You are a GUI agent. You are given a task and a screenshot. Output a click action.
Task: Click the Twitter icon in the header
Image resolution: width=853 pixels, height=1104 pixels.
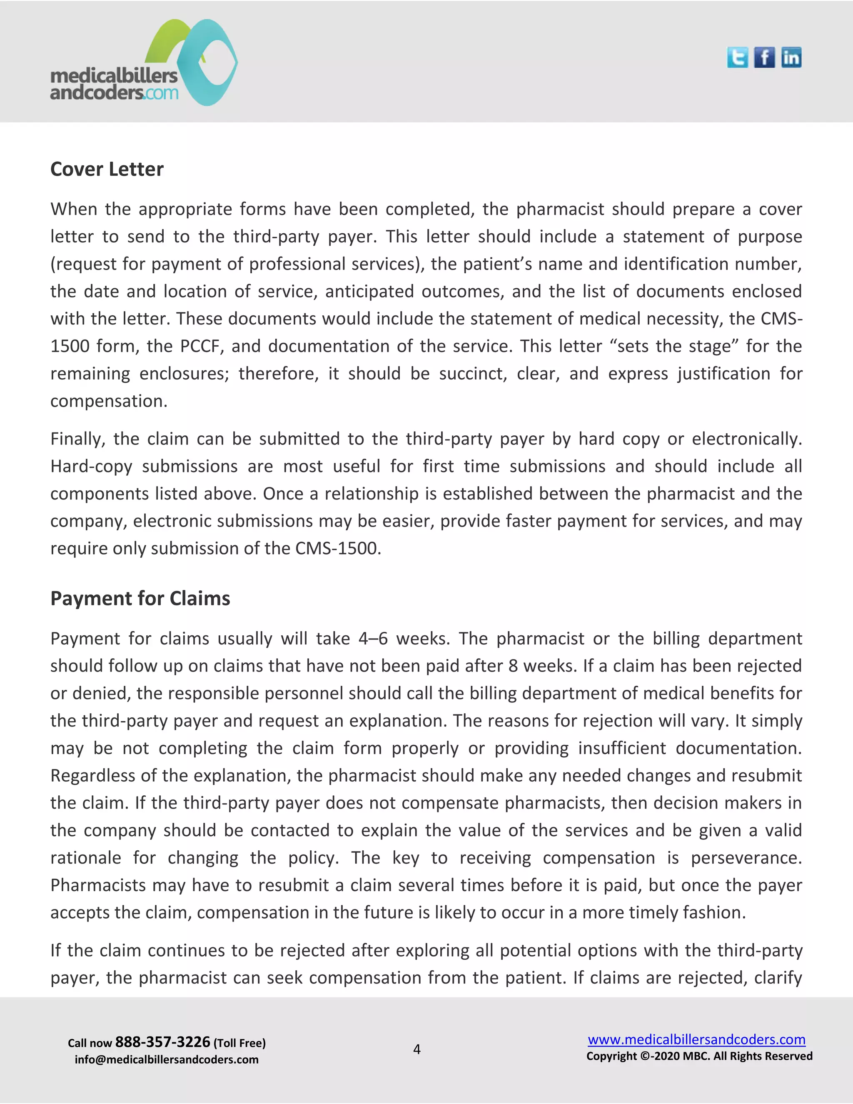point(737,57)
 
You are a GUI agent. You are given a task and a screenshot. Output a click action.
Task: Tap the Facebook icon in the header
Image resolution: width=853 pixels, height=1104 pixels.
point(764,57)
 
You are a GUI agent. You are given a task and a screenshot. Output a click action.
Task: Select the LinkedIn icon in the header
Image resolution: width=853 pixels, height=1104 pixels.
point(791,57)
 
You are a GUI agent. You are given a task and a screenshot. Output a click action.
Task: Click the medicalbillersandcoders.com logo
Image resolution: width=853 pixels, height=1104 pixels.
point(144,63)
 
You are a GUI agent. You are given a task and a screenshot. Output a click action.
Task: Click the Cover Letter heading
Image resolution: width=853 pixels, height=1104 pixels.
point(107,169)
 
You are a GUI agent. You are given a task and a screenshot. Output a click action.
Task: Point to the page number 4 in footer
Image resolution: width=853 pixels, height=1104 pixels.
point(417,1049)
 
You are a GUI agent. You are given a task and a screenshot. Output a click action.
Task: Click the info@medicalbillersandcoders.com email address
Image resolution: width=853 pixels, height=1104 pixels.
point(166,1059)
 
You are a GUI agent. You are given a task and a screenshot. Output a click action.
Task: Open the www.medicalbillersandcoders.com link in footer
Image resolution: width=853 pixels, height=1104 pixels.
point(696,1039)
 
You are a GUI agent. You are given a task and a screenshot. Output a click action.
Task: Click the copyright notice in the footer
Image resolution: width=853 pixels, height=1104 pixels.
point(699,1056)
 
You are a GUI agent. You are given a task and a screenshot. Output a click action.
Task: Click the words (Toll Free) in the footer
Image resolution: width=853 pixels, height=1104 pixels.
point(239,1043)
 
